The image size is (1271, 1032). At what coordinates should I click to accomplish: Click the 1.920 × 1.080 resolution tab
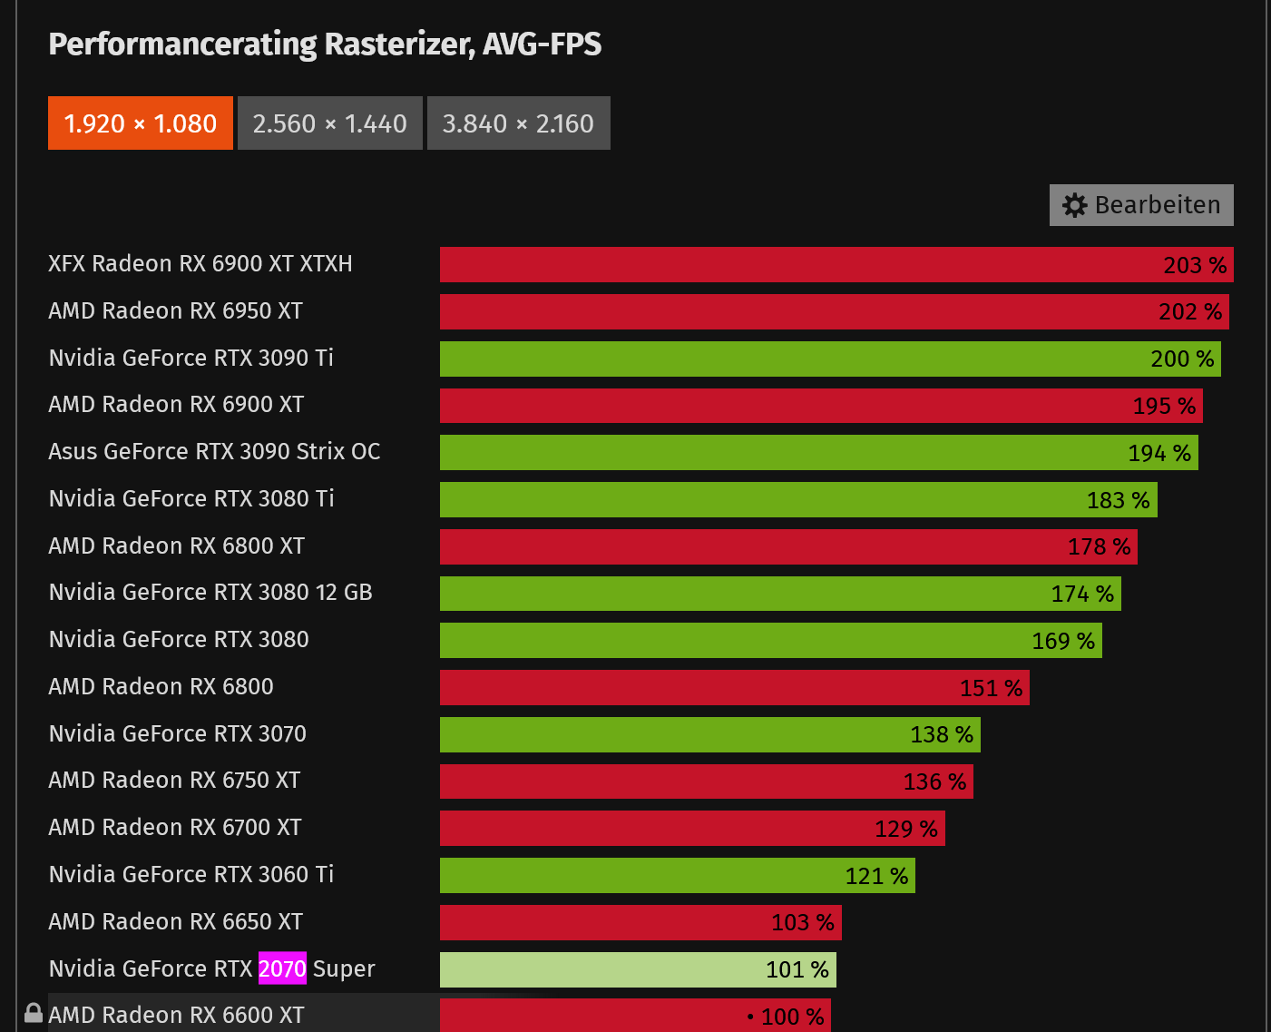point(141,123)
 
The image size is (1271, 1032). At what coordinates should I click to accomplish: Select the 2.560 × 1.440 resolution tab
point(330,123)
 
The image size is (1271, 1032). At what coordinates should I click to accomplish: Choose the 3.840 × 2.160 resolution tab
point(518,123)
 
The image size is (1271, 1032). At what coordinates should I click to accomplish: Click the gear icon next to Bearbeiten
point(1075,205)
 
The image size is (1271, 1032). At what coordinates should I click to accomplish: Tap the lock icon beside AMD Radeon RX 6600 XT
point(34,1014)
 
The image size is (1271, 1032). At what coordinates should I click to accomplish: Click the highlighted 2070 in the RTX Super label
point(282,968)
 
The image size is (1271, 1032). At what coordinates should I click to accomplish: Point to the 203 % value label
point(1195,265)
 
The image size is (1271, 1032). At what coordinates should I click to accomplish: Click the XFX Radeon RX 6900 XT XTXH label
point(200,264)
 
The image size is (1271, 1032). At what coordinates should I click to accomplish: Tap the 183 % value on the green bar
point(1118,500)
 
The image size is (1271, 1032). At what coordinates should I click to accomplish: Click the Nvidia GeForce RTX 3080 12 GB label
point(210,593)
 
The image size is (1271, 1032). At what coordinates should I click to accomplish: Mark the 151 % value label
point(991,688)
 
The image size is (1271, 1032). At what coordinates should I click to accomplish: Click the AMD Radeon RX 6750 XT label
point(174,781)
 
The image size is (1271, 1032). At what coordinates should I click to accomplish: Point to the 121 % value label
point(876,876)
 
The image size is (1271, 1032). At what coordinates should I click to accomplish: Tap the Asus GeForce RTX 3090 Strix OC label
point(214,452)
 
